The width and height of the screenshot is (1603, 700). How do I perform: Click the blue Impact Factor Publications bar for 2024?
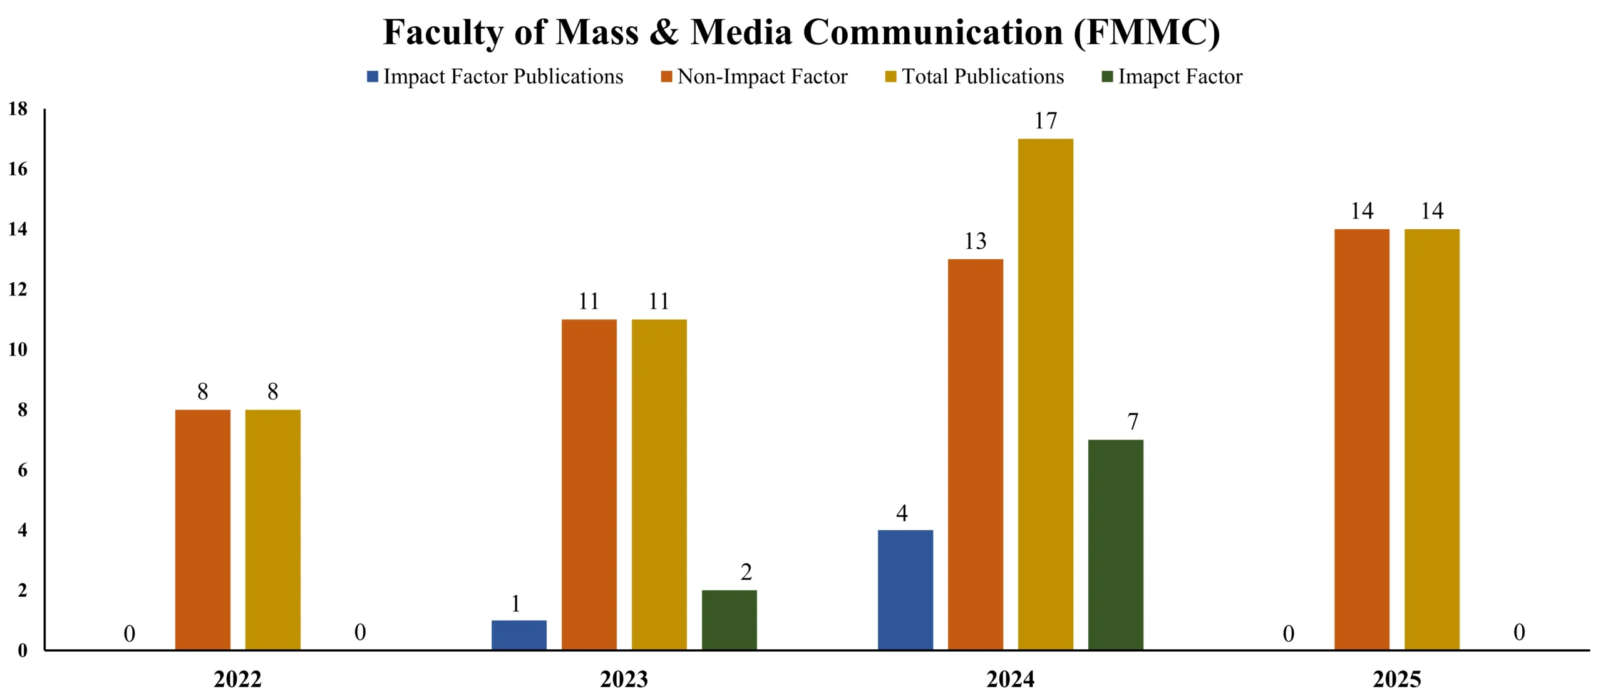905,590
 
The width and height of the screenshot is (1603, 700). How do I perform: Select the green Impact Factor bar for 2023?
729,620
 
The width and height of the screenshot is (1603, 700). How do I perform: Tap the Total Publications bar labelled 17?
1045,394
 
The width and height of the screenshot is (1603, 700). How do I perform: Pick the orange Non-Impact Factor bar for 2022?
203,530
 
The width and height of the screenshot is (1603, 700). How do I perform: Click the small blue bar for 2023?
518,635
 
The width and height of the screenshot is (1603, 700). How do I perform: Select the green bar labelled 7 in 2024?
1115,545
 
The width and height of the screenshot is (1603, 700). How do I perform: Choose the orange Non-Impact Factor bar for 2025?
1361,440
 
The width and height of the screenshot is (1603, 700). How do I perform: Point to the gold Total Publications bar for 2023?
659,485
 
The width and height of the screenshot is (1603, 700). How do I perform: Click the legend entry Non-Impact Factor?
762,76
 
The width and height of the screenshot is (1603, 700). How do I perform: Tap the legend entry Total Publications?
982,76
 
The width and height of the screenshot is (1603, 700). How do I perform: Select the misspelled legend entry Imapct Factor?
1180,76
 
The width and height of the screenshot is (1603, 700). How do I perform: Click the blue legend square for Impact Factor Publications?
373,76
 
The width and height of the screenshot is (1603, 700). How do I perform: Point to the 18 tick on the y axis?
18,109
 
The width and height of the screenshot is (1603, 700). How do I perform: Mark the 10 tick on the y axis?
18,349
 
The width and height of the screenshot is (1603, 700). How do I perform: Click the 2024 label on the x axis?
1010,679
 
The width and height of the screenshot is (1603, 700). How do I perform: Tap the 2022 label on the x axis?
237,679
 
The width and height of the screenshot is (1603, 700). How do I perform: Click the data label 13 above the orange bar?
975,241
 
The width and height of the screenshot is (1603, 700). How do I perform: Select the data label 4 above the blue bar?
902,513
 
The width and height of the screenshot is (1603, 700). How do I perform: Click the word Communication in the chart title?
932,33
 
